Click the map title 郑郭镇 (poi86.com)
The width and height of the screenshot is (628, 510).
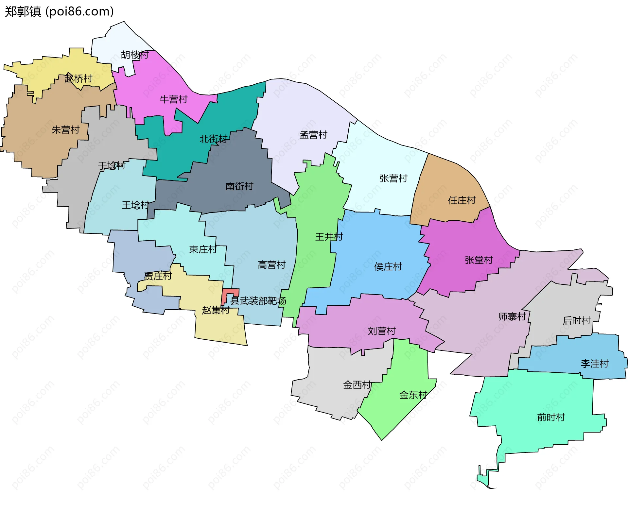[x=59, y=11]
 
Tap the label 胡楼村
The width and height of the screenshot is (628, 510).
[x=135, y=55]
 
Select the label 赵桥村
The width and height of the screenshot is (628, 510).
[x=78, y=78]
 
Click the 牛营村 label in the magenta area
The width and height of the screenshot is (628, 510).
[x=173, y=99]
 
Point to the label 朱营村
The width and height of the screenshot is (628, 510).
[x=65, y=130]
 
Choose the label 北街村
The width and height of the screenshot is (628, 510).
[x=213, y=139]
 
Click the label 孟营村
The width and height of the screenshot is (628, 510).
[x=313, y=135]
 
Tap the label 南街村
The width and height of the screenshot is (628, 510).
[x=239, y=186]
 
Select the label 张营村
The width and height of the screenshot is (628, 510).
[x=393, y=178]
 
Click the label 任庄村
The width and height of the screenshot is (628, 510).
[x=462, y=200]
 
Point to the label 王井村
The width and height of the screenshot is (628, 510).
[x=329, y=237]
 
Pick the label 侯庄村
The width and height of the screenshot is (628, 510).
[x=388, y=266]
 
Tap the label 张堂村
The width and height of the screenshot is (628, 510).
[x=479, y=260]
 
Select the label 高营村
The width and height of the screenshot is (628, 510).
[x=271, y=264]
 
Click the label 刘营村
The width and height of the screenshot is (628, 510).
[x=382, y=331]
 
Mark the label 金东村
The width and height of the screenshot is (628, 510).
[x=413, y=395]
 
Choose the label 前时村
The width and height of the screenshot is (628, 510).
[x=551, y=417]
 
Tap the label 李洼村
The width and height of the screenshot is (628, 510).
[x=594, y=364]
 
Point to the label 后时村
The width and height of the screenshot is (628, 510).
[x=576, y=320]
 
